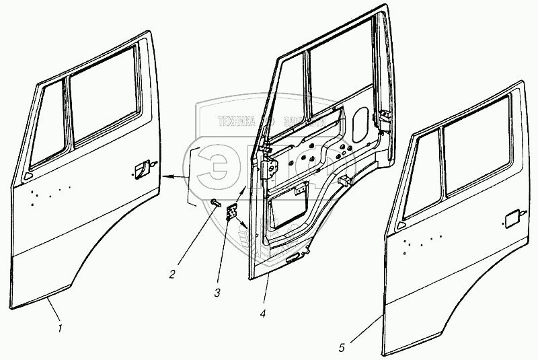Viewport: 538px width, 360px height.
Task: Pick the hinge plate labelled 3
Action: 232,213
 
